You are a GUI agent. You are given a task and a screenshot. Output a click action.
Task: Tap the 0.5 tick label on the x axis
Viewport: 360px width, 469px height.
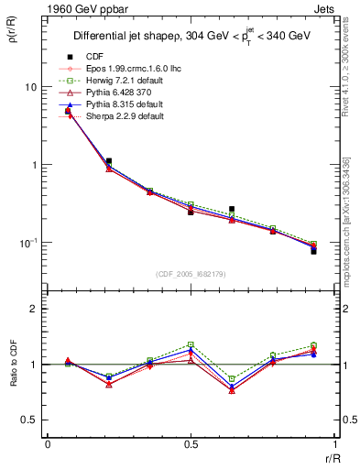(191, 444)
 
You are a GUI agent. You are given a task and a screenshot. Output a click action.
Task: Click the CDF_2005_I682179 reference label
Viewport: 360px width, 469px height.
(191, 274)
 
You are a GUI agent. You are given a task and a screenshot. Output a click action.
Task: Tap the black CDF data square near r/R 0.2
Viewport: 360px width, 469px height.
(108, 161)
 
